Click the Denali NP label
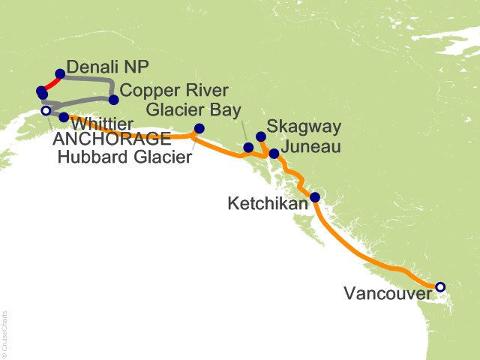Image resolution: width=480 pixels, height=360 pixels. pos(101,65)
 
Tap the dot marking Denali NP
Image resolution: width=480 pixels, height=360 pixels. pos(60,74)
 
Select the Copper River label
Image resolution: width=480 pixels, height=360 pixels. pos(164,91)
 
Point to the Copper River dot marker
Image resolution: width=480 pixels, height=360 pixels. pos(114,100)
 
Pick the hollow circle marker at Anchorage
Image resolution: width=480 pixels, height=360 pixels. pos(45,111)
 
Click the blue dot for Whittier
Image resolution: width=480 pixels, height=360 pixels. pos(64,117)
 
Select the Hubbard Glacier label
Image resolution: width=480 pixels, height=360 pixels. pos(123,157)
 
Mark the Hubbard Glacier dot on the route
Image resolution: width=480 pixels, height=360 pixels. pos(199,128)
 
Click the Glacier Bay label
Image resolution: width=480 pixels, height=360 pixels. pos(193,109)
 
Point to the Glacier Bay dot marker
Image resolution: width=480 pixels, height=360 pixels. pos(248,147)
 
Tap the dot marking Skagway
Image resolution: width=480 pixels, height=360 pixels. pos(261,137)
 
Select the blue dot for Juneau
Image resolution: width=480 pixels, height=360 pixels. pos(274,154)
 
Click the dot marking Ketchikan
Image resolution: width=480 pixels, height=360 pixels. pos(316,198)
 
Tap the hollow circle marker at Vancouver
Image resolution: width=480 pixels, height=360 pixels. pos(440,286)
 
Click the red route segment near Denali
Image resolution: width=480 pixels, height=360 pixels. pos(50,82)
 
